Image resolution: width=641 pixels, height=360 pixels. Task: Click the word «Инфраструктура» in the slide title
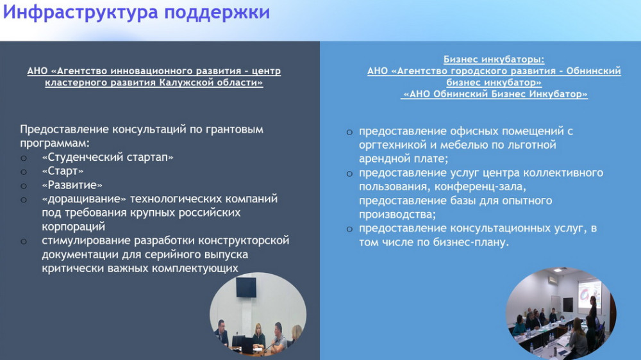80,12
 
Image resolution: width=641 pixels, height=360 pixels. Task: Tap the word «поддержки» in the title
217,13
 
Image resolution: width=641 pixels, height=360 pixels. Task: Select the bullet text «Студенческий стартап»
108,158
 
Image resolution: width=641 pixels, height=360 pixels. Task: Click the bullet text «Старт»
63,171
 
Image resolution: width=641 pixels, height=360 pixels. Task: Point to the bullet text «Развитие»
72,185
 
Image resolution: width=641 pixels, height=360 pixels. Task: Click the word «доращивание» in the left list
84,199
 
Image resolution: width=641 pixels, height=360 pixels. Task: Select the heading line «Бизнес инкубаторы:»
494,59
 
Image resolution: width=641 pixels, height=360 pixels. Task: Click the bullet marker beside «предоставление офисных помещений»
349,133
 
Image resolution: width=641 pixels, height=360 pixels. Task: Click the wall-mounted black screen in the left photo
246,287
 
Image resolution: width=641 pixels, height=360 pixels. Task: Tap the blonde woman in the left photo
258,336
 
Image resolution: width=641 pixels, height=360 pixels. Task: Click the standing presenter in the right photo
592,313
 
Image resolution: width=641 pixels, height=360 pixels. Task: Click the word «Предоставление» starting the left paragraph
65,129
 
